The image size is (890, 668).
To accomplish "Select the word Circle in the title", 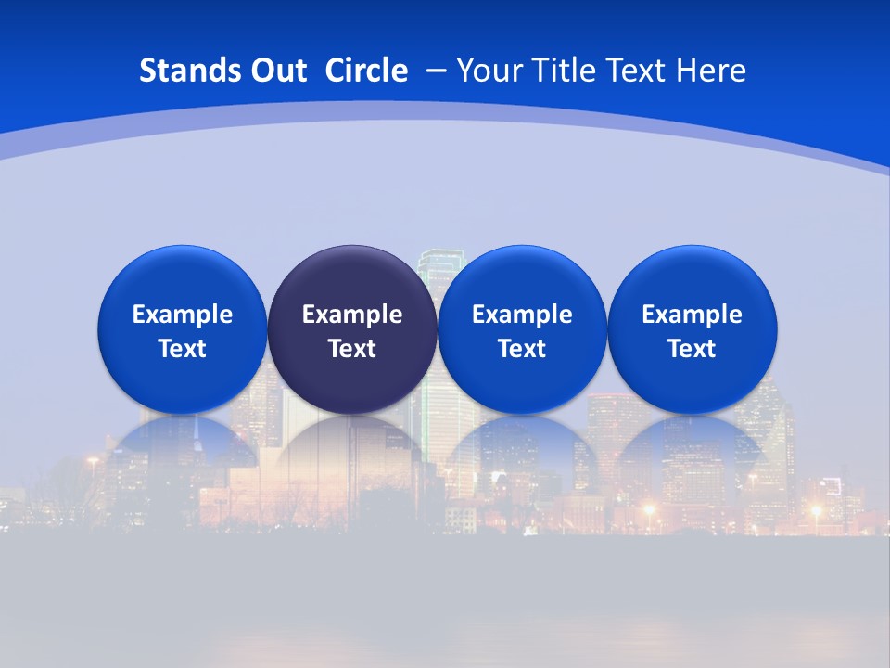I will click(x=366, y=71).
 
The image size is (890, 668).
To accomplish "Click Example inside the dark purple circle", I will click(x=352, y=315).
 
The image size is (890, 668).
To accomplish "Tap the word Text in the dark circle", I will click(x=352, y=349).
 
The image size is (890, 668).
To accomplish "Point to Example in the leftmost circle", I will click(x=182, y=315).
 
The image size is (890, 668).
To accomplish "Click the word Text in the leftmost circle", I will click(x=182, y=349).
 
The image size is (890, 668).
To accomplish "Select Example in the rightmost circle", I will click(x=693, y=315).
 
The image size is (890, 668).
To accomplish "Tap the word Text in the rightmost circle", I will click(x=693, y=349).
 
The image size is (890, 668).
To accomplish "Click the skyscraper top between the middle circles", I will click(x=437, y=260).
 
